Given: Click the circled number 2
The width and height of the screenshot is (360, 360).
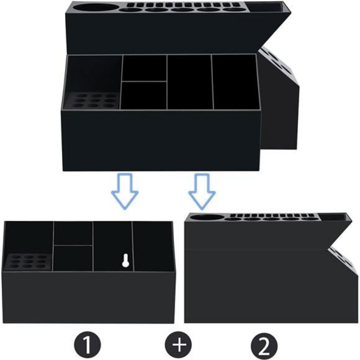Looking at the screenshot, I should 264,343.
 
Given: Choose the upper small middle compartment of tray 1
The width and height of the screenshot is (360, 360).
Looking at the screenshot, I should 73,233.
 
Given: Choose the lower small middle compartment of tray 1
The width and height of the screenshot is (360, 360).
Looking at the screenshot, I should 73,258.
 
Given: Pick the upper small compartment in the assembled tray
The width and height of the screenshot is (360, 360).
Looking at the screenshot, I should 144,68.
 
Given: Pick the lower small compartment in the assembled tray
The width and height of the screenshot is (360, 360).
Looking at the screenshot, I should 144,95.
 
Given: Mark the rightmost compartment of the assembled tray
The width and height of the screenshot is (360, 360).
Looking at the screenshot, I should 234,83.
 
